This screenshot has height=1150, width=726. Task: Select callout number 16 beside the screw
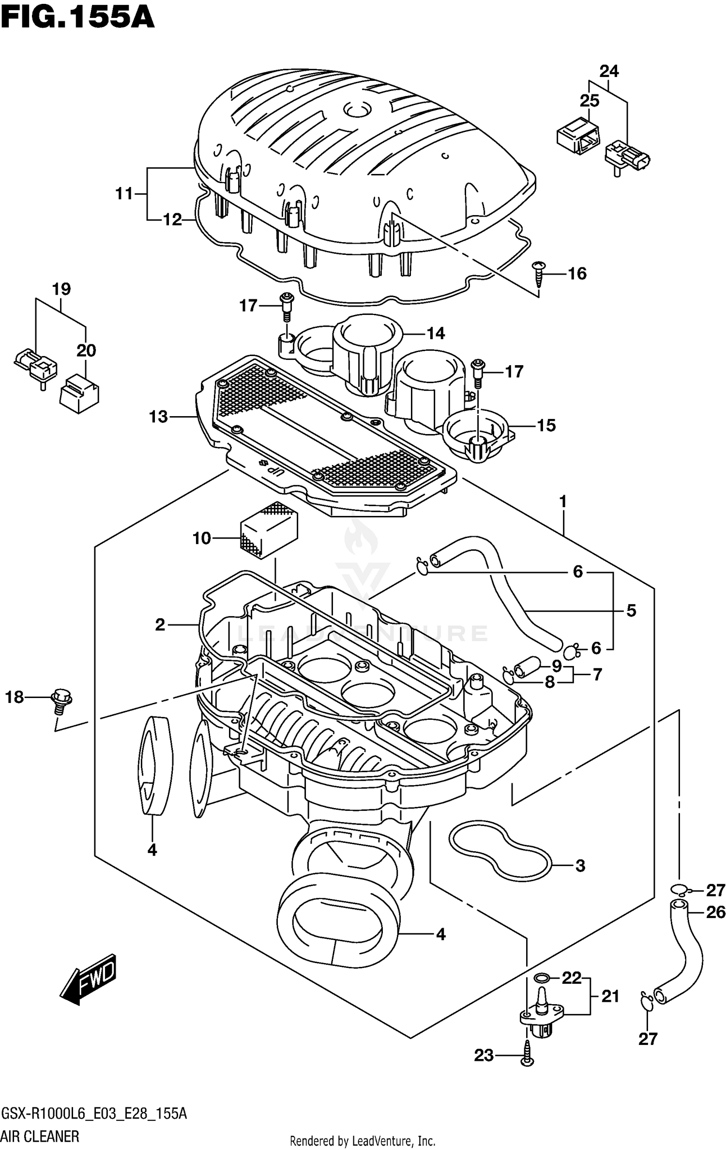(x=576, y=274)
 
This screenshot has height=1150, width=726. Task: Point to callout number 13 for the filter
(x=158, y=417)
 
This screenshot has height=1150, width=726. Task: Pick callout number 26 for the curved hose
(x=715, y=912)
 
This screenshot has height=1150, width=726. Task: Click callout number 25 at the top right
(x=590, y=101)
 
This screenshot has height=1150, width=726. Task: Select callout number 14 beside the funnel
(x=436, y=333)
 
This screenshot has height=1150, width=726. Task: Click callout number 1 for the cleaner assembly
(x=563, y=502)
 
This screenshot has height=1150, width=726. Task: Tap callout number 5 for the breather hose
(x=631, y=610)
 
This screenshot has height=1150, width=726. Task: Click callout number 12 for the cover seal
(x=172, y=219)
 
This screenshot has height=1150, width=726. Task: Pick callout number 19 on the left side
(x=61, y=289)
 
